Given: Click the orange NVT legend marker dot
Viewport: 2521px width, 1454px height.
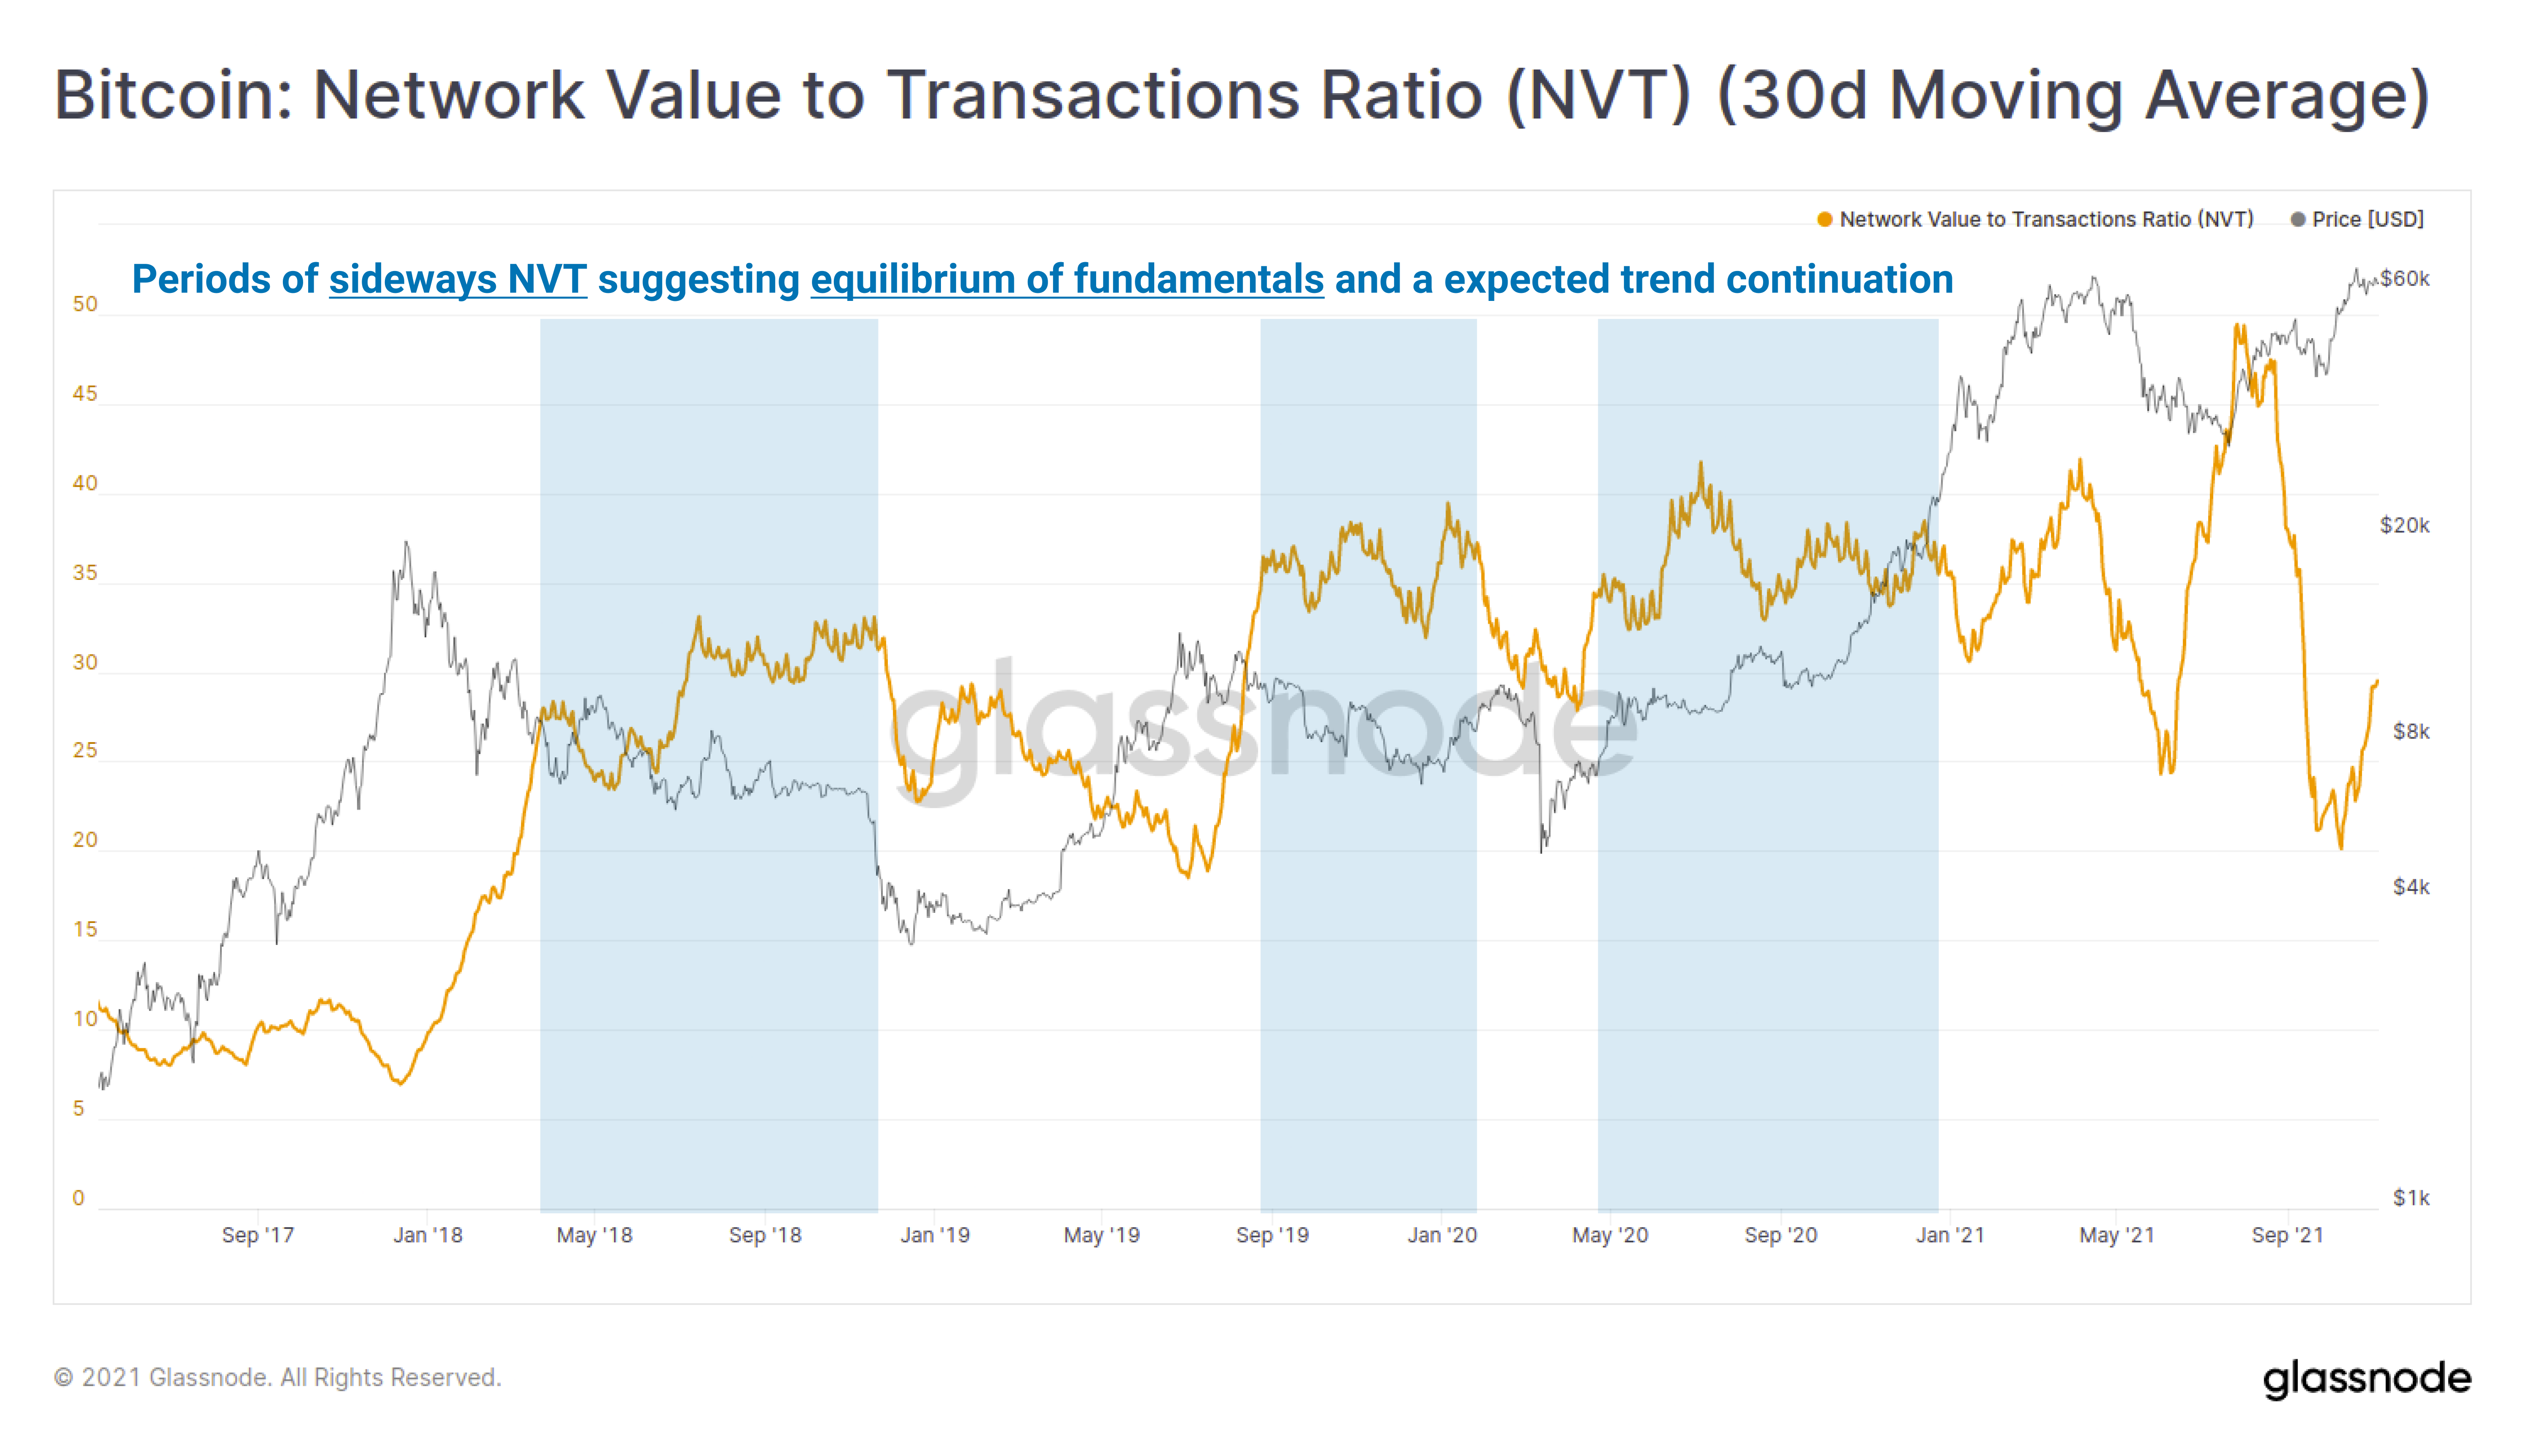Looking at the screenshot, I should coord(1824,220).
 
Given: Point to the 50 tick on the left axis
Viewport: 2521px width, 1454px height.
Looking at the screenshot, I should coord(85,305).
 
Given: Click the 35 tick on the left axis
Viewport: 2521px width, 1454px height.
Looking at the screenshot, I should coord(85,573).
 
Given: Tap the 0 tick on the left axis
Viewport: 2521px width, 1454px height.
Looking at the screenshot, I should coord(79,1198).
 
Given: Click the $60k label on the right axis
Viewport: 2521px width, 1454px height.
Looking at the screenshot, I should coord(2404,279).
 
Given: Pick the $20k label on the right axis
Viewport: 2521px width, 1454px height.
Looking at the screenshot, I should coord(2404,525).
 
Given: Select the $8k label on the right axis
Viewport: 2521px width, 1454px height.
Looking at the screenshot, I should coord(2410,732).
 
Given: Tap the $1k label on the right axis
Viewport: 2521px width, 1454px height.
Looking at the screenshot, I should coord(2410,1197).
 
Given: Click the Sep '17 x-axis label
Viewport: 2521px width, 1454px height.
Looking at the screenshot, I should coord(258,1235).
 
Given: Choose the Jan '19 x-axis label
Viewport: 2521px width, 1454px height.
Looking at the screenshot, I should coord(935,1235).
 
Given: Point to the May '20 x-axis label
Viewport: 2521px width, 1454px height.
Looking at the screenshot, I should coord(1610,1235).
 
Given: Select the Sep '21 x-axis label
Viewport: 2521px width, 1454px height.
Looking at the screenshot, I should coord(2287,1235).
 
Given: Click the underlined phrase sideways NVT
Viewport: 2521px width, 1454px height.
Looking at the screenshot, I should coord(457,279).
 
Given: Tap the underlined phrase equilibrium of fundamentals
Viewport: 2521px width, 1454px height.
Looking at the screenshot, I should coord(1067,279).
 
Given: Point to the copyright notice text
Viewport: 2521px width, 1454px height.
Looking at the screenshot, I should coord(278,1378).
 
